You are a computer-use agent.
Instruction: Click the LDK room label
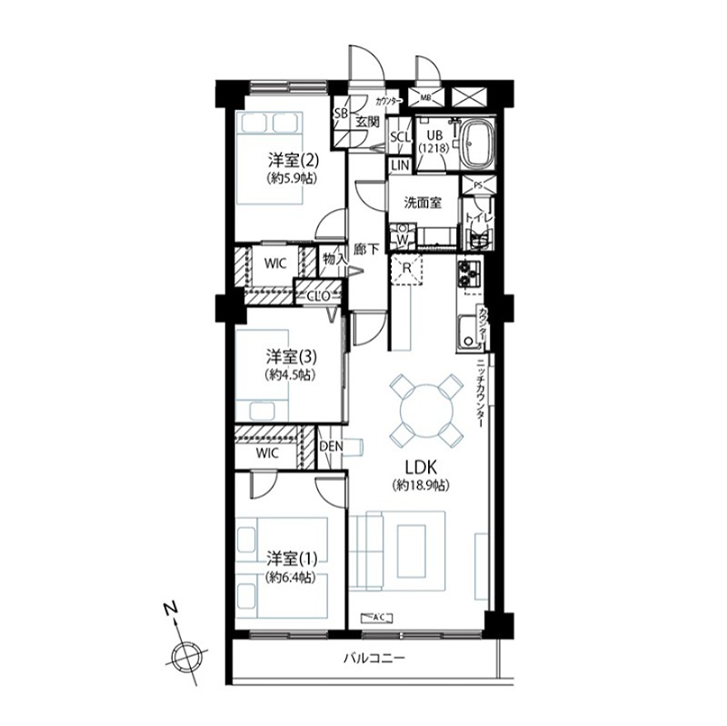point(416,467)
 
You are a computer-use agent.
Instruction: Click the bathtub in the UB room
point(475,144)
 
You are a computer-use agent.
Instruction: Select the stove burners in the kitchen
point(468,275)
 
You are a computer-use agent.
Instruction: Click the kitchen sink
point(468,332)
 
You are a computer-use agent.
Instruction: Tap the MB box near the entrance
point(425,97)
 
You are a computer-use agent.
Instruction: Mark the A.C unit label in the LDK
point(381,618)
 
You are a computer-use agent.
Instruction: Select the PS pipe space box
point(477,184)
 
